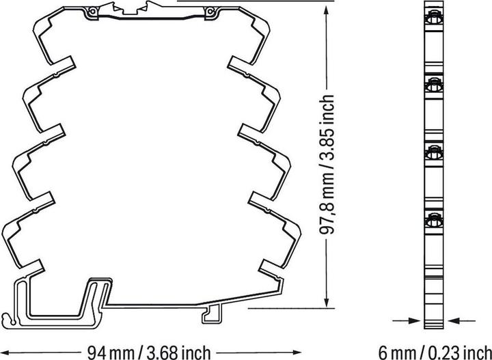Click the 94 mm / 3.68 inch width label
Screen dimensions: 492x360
click(149, 352)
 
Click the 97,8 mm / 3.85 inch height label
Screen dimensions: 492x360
click(327, 164)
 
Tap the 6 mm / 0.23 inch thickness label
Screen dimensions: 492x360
click(435, 352)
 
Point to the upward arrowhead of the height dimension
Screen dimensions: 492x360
click(327, 10)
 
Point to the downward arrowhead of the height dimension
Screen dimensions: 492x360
click(327, 301)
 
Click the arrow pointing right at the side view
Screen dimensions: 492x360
click(407, 320)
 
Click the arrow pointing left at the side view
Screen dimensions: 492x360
click(461, 320)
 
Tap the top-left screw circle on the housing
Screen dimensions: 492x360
click(92, 12)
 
